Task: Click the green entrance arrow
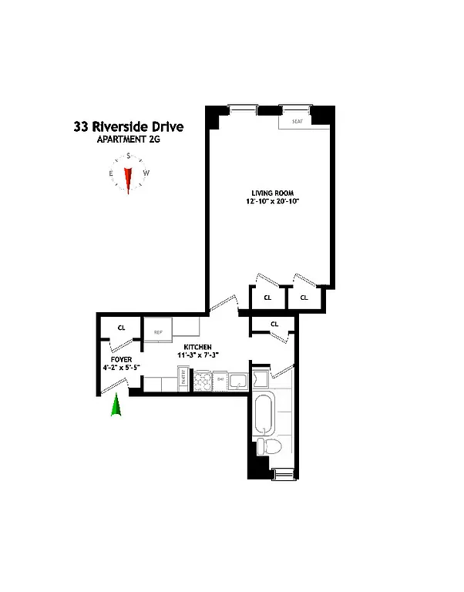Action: tap(116, 405)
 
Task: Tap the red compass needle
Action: tap(129, 178)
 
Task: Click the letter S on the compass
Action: tap(129, 155)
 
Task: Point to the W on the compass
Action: tap(146, 173)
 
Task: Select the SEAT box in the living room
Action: tap(297, 122)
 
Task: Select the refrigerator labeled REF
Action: tap(158, 332)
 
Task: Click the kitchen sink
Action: tap(237, 379)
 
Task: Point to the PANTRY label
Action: tap(183, 379)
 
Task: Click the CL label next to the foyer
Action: tap(121, 328)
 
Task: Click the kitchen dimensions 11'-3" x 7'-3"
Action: tap(193, 355)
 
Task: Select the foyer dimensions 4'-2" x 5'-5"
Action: tap(118, 367)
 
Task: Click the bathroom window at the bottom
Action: tap(282, 473)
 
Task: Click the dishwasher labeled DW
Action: tap(220, 379)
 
